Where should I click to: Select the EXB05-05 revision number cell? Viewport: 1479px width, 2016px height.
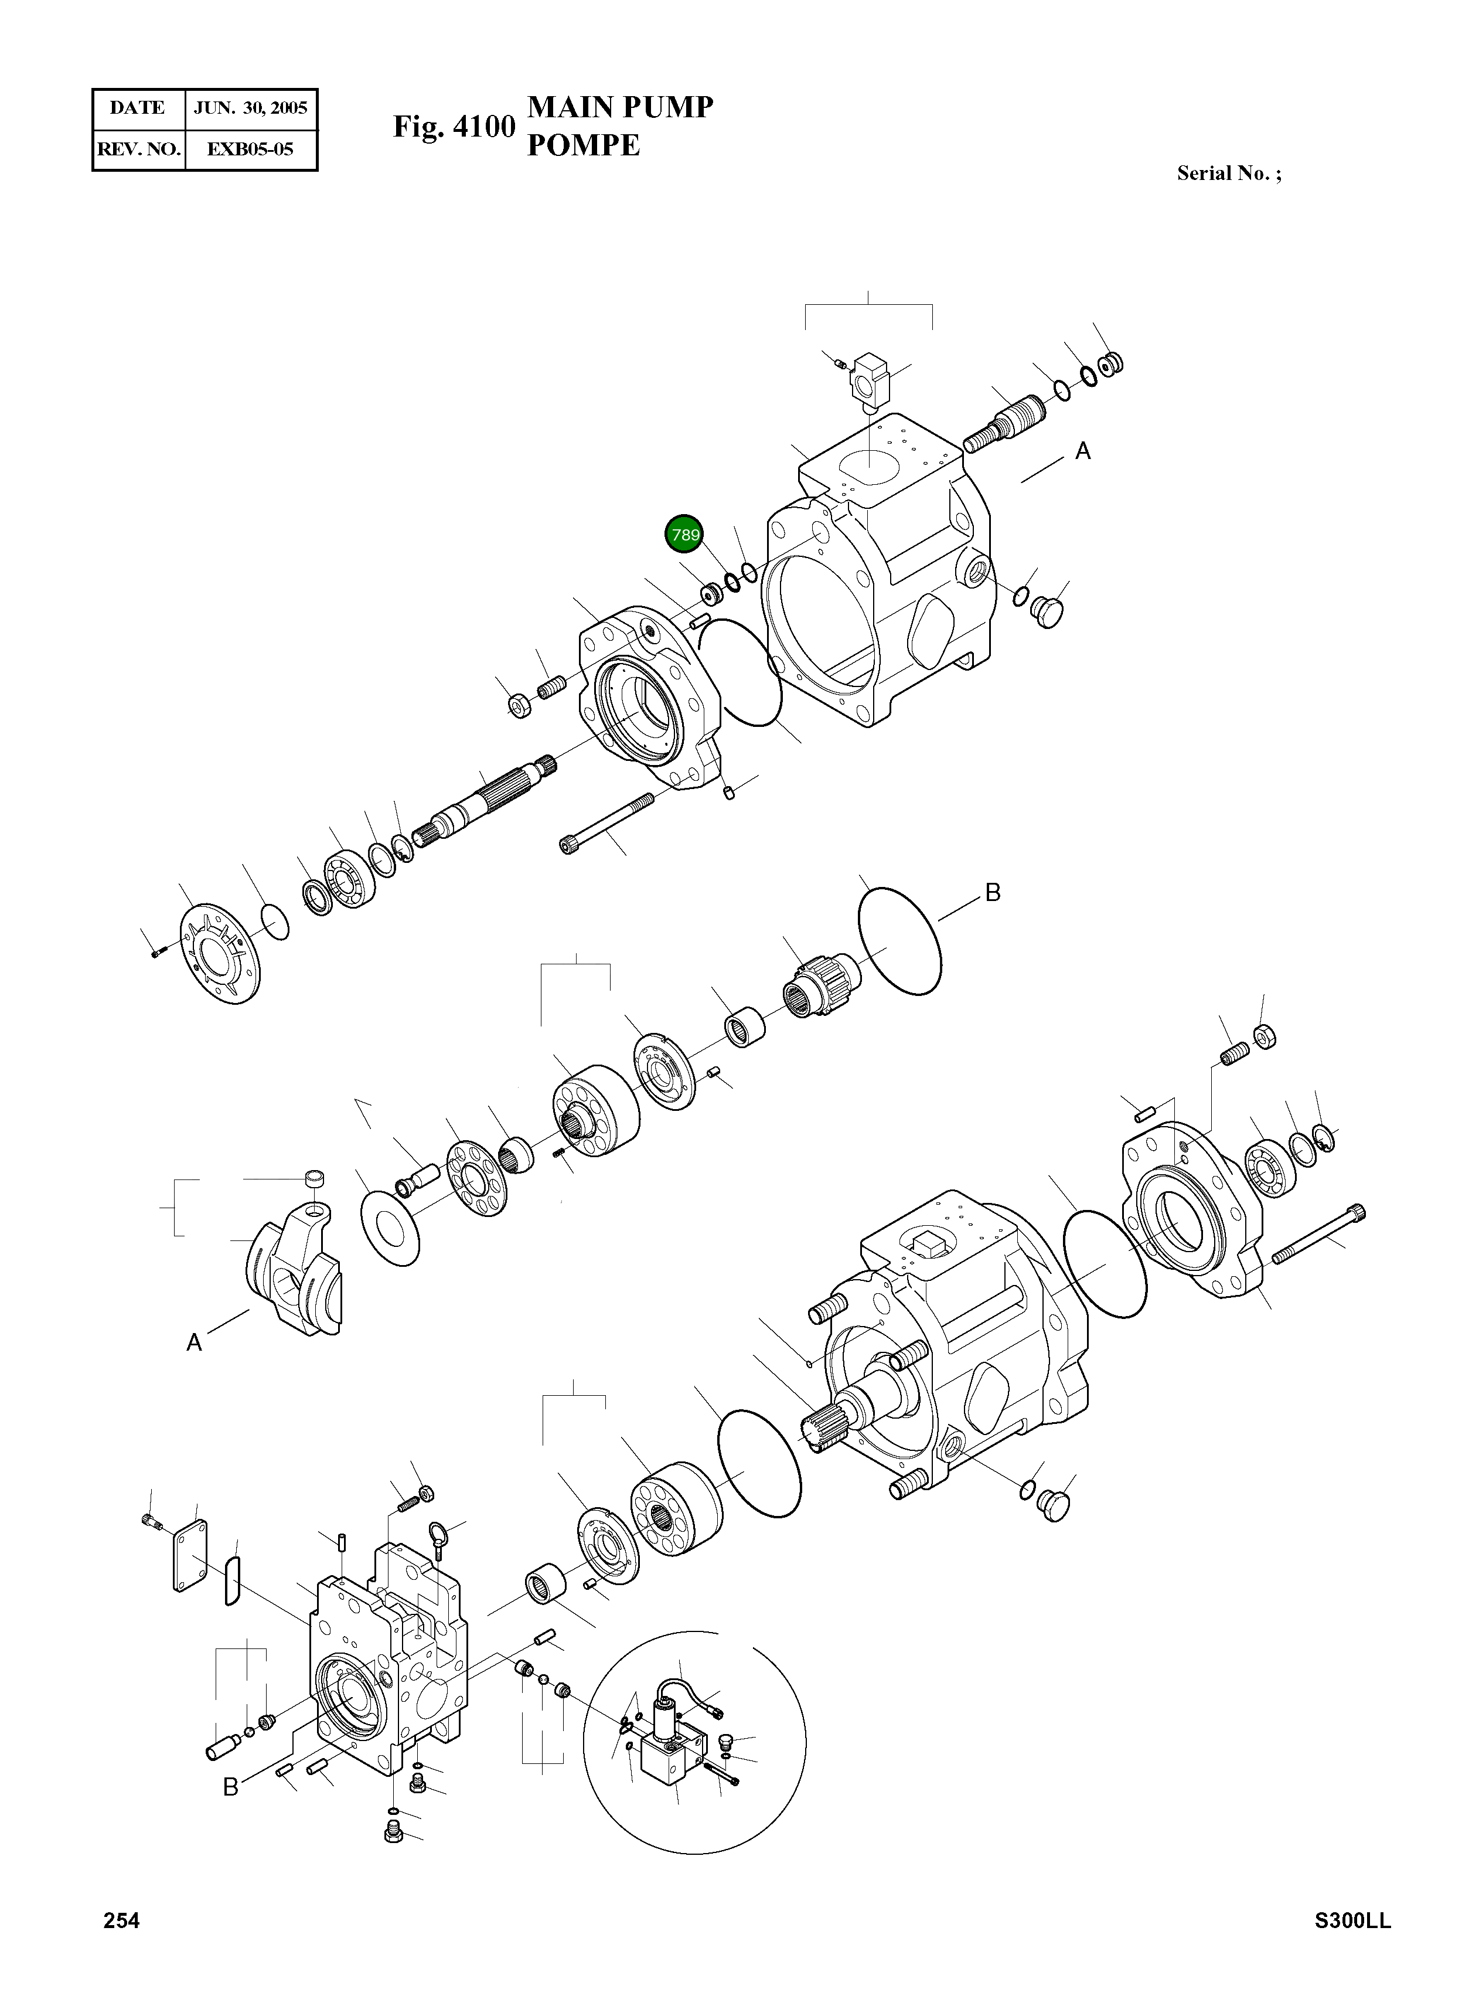pyautogui.click(x=251, y=149)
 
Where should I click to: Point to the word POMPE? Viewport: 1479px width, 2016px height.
pyautogui.click(x=583, y=145)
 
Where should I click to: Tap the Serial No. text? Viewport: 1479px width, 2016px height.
pyautogui.click(x=1228, y=174)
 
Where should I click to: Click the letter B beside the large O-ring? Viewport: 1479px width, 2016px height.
pyautogui.click(x=992, y=892)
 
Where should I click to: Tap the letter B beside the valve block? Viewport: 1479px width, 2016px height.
pyautogui.click(x=230, y=1787)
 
